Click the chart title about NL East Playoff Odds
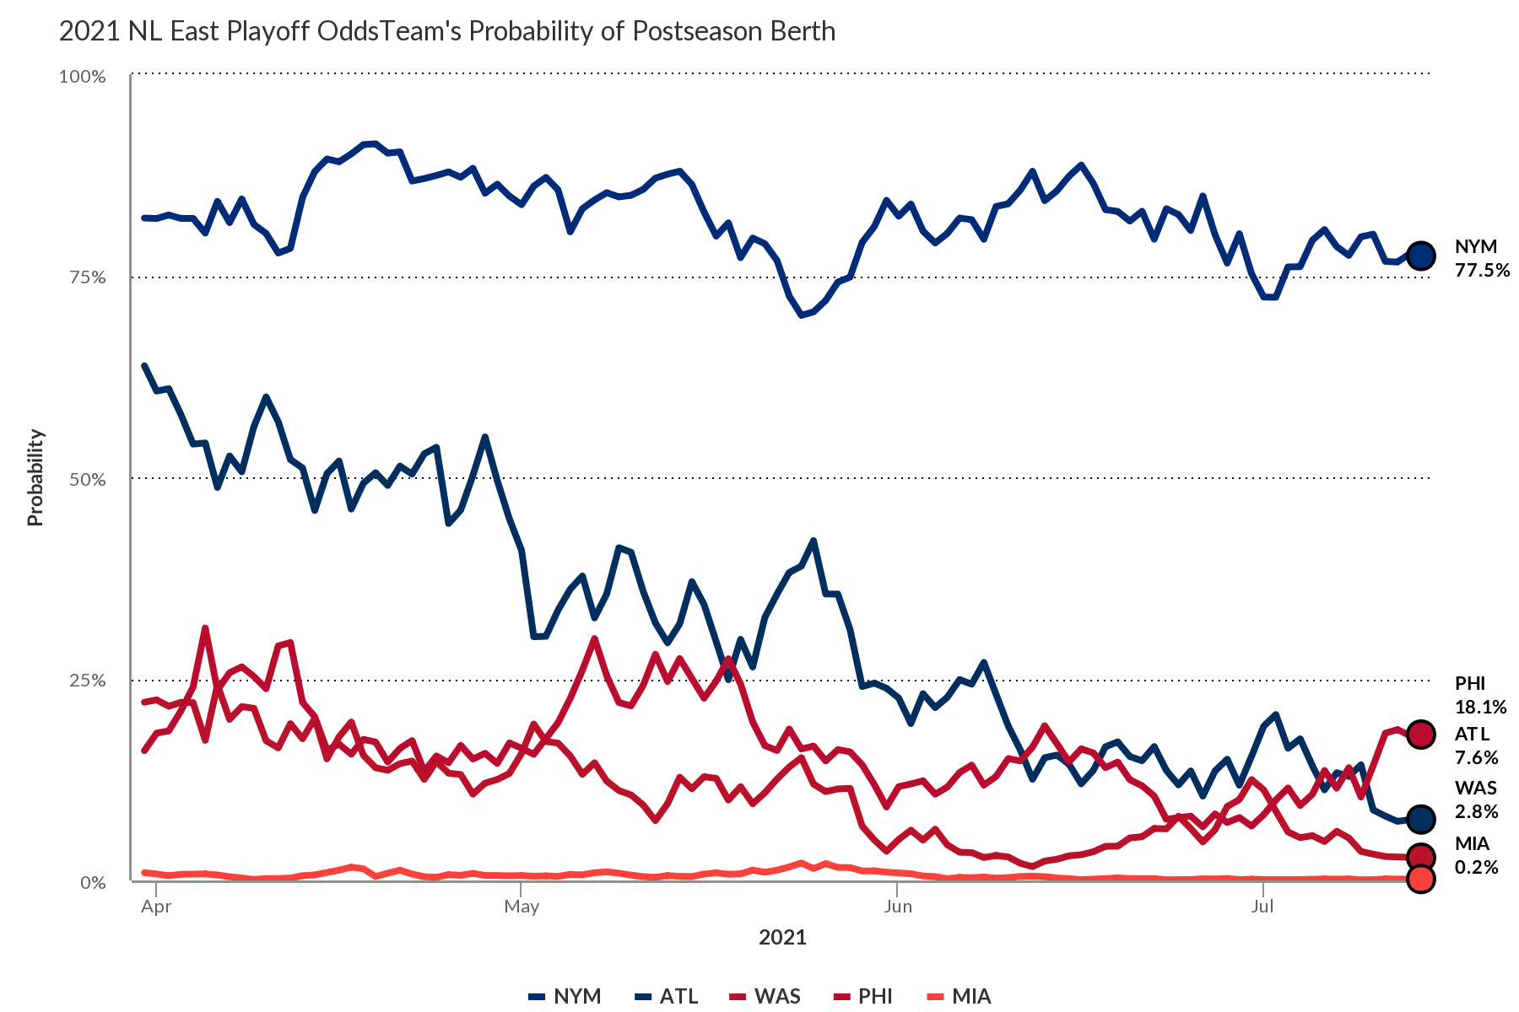tap(447, 32)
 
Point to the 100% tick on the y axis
tap(82, 77)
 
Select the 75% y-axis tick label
tap(86, 277)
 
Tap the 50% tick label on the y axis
tap(86, 479)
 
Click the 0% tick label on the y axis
tap(92, 882)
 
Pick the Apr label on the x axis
tap(156, 907)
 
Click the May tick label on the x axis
tap(522, 907)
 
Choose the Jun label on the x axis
tap(898, 907)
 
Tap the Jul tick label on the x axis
tap(1262, 907)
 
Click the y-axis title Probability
tap(35, 477)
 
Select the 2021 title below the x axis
tap(782, 937)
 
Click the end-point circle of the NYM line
tap(1421, 256)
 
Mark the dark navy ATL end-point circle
tap(1421, 818)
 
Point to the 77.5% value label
tap(1482, 271)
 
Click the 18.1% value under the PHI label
tap(1480, 707)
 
